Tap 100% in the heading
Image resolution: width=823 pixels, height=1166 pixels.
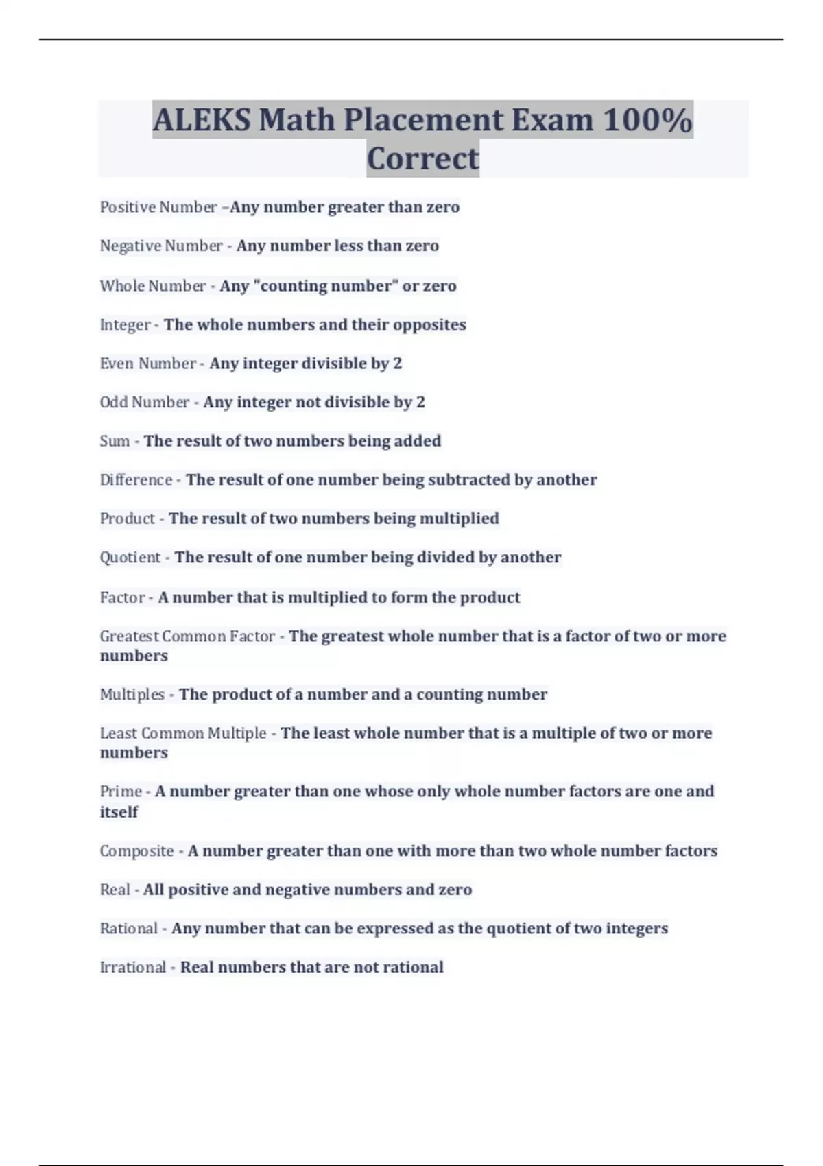(x=647, y=120)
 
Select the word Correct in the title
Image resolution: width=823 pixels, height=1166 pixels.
(x=422, y=158)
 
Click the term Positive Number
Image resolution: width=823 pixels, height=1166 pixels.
(x=158, y=207)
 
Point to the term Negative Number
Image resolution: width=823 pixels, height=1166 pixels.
(x=161, y=246)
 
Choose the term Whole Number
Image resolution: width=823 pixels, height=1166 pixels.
(x=152, y=286)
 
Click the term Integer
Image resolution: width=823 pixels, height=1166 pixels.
(x=125, y=325)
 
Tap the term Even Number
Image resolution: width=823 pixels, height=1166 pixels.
(x=147, y=364)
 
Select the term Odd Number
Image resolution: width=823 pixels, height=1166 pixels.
(x=144, y=403)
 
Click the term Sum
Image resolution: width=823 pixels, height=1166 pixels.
(x=115, y=441)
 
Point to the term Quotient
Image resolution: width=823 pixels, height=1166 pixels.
(x=130, y=558)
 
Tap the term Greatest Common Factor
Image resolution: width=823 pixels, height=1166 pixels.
(x=187, y=636)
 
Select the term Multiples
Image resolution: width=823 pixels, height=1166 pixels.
(x=132, y=695)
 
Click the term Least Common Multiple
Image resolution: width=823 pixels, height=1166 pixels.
(x=182, y=733)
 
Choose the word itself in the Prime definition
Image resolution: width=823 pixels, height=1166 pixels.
(x=119, y=812)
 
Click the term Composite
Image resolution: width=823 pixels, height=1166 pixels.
(x=136, y=851)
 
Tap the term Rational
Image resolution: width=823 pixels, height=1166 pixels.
(x=128, y=929)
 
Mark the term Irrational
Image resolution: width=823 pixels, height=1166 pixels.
(x=132, y=968)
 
